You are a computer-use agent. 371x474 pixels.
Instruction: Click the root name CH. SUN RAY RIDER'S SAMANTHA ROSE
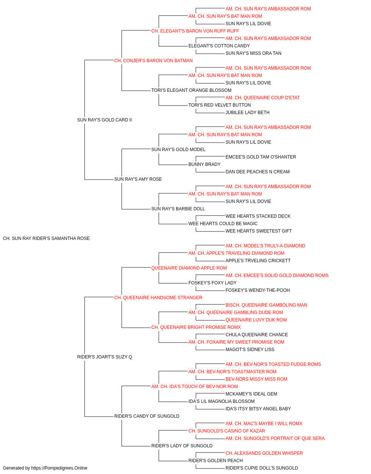pyautogui.click(x=46, y=238)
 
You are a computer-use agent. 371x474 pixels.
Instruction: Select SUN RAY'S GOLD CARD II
pyautogui.click(x=105, y=120)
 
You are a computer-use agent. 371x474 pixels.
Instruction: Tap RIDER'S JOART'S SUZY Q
pyautogui.click(x=105, y=357)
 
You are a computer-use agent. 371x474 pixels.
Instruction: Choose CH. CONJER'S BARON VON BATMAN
pyautogui.click(x=153, y=61)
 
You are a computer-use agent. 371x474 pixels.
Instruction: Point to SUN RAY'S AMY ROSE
pyautogui.click(x=138, y=179)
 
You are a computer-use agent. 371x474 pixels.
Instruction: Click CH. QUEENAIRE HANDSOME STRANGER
pyautogui.click(x=158, y=297)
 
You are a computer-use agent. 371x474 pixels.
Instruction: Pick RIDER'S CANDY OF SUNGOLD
pyautogui.click(x=147, y=416)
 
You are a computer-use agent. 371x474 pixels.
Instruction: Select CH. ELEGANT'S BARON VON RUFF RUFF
pyautogui.click(x=195, y=31)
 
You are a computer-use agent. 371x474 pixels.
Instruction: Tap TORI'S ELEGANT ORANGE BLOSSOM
pyautogui.click(x=191, y=90)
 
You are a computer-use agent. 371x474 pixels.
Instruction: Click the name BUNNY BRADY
pyautogui.click(x=204, y=164)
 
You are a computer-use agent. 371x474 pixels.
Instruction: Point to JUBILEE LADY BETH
pyautogui.click(x=247, y=113)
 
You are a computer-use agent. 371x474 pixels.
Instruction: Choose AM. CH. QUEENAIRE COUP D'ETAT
pyautogui.click(x=263, y=98)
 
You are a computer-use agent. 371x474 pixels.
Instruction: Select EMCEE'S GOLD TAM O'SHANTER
pyautogui.click(x=261, y=157)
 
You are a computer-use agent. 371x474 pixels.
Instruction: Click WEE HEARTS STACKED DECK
pyautogui.click(x=258, y=216)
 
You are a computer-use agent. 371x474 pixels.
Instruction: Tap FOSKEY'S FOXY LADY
pyautogui.click(x=212, y=283)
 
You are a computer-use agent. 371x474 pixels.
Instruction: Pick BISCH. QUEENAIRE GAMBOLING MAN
pyautogui.click(x=266, y=305)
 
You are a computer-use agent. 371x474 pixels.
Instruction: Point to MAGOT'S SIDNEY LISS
pyautogui.click(x=250, y=350)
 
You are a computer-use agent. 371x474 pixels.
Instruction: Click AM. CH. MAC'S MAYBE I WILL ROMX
pyautogui.click(x=264, y=423)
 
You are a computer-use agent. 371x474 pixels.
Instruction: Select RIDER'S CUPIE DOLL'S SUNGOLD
pyautogui.click(x=262, y=468)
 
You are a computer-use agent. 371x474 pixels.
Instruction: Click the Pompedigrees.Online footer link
pyautogui.click(x=59, y=468)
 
